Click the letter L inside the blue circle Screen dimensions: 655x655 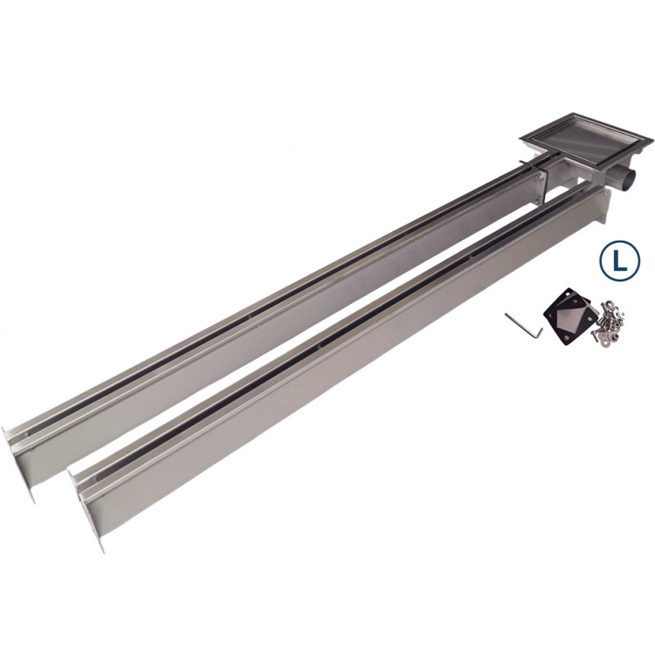(x=621, y=260)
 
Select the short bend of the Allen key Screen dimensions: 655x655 (x=540, y=332)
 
